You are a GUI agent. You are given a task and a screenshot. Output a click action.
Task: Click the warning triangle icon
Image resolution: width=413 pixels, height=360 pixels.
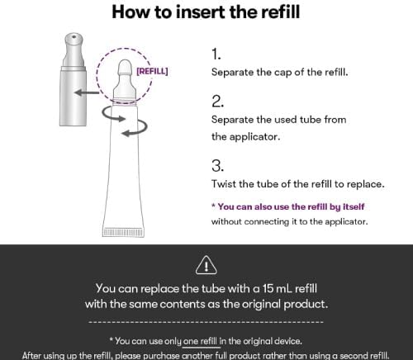pos(206,265)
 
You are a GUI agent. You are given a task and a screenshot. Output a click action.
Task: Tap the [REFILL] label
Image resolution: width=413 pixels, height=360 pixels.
pos(152,71)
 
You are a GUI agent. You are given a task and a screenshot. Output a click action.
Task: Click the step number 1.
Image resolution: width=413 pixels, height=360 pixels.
pos(216,54)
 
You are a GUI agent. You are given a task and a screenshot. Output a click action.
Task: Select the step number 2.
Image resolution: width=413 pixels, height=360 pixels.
pos(217,102)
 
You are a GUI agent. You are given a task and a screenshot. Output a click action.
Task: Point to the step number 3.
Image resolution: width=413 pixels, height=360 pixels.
pos(217,166)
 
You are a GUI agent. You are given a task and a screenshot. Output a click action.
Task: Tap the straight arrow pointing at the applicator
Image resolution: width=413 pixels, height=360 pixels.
pos(87,92)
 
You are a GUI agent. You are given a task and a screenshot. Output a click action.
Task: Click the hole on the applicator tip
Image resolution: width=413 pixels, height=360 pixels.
pos(74,36)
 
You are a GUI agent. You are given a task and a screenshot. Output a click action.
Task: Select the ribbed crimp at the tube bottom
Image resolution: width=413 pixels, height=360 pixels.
pos(123,232)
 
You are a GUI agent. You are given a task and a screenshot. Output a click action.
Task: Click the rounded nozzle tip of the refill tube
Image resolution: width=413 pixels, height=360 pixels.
pos(125,66)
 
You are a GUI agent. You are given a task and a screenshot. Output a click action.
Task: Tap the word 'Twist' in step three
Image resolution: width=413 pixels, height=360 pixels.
pos(224,183)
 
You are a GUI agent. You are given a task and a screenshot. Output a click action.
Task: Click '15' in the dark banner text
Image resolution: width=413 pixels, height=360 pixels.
pos(267,288)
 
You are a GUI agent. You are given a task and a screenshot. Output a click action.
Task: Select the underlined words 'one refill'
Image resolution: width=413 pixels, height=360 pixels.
pos(200,341)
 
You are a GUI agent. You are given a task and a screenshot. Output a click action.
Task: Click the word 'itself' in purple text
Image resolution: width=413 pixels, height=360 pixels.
pos(354,206)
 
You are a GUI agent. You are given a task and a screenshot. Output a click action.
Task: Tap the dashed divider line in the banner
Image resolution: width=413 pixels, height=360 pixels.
pos(206,321)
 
